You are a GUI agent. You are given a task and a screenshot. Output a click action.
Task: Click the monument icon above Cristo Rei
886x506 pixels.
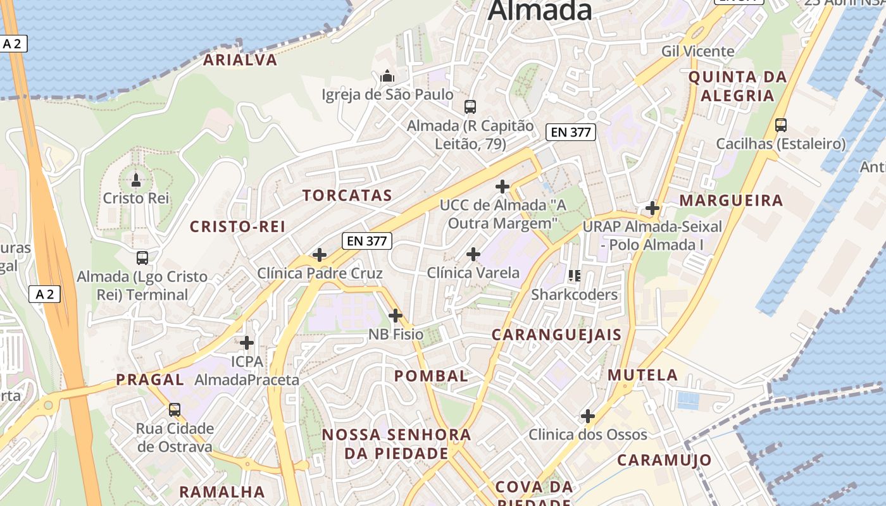(x=135, y=180)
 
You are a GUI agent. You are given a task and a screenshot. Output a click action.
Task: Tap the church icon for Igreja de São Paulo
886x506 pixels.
(x=387, y=77)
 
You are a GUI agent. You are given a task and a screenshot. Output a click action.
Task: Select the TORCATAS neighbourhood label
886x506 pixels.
(x=347, y=195)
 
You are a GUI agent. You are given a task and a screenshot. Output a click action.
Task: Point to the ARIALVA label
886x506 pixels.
(x=240, y=60)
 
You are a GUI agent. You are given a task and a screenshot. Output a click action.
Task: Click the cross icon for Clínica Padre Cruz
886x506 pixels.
(x=320, y=255)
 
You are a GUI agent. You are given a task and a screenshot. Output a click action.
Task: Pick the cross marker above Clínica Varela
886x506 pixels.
(x=473, y=254)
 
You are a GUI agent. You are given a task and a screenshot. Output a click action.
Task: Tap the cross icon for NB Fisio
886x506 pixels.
(x=396, y=315)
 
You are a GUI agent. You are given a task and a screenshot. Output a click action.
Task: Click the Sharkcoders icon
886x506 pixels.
(x=574, y=276)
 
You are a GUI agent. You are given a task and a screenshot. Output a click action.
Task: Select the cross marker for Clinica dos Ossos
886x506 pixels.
(x=588, y=416)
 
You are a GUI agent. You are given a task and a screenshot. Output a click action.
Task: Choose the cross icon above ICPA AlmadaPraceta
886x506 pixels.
(x=247, y=343)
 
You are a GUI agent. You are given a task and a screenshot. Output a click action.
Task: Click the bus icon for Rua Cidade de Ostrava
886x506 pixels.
(x=175, y=410)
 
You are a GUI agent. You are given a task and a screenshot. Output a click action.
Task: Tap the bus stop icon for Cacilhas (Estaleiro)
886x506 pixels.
(x=781, y=125)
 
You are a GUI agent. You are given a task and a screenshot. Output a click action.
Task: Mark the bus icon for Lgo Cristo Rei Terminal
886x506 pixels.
(x=142, y=258)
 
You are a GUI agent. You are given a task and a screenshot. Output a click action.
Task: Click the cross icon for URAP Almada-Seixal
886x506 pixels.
(x=652, y=207)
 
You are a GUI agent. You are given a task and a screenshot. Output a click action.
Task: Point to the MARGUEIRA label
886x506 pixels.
(x=731, y=201)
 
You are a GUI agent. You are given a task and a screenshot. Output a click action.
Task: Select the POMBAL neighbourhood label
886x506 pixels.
(x=431, y=376)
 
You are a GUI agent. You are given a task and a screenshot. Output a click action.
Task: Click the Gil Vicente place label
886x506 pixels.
(x=698, y=51)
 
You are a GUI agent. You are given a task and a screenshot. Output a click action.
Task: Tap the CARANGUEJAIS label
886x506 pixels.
(x=556, y=335)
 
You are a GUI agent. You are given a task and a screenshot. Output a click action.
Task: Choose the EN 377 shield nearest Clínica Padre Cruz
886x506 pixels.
(x=367, y=240)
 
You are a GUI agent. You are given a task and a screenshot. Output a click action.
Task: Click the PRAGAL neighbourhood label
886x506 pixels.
(x=150, y=379)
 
